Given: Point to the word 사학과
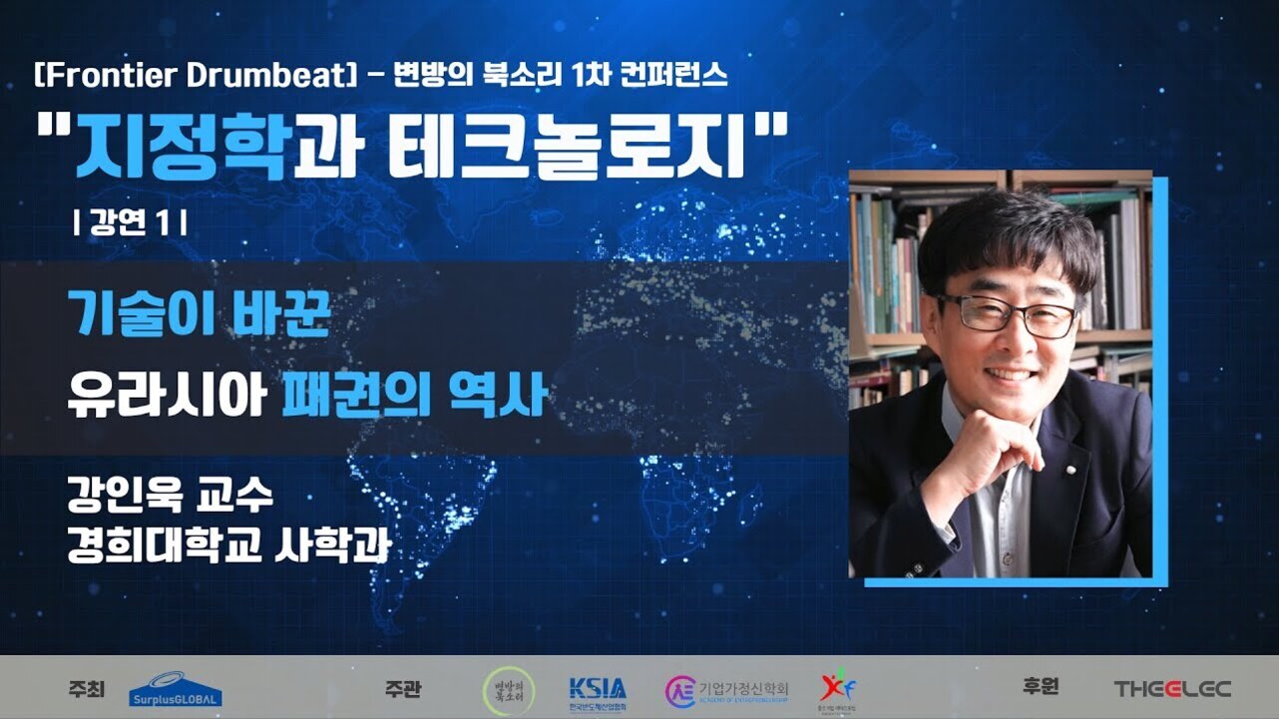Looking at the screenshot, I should click(330, 546).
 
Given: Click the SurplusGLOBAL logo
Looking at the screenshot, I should click(176, 689).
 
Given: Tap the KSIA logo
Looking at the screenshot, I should click(598, 689).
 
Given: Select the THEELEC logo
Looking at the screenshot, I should click(1172, 689).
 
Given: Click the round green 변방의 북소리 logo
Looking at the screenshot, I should click(508, 689).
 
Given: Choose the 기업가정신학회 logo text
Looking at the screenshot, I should click(742, 688).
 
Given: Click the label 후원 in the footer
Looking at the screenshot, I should click(1041, 687).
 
